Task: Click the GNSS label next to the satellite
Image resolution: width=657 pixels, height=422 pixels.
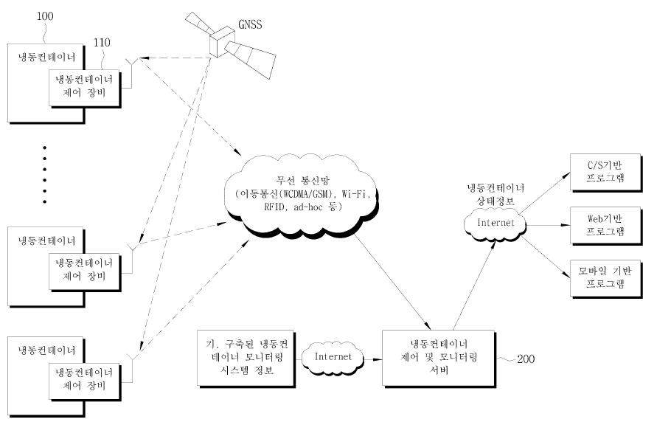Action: (x=250, y=24)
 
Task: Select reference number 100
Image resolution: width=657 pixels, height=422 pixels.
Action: (x=45, y=16)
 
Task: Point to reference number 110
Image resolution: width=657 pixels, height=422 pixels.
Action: (x=102, y=42)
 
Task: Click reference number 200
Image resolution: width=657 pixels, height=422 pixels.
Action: (x=526, y=359)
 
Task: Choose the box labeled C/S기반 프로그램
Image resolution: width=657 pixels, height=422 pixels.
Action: (x=606, y=173)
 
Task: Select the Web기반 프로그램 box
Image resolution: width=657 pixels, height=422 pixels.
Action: (x=606, y=226)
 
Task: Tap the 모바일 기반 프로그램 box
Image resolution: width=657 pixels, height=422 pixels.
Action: (x=606, y=279)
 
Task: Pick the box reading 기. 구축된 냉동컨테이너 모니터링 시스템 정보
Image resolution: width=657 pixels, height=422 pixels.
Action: (x=246, y=359)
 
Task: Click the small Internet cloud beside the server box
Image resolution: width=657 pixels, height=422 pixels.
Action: (x=333, y=357)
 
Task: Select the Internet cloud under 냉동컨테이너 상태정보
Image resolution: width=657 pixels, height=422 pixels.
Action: (x=495, y=224)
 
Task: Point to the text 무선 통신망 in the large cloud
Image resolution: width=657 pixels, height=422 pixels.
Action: (x=303, y=181)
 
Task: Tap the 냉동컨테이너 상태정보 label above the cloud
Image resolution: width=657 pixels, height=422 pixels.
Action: (x=496, y=194)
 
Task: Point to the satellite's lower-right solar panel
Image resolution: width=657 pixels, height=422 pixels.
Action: (x=250, y=58)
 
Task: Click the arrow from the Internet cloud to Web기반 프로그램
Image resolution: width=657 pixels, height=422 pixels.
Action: (x=548, y=226)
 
